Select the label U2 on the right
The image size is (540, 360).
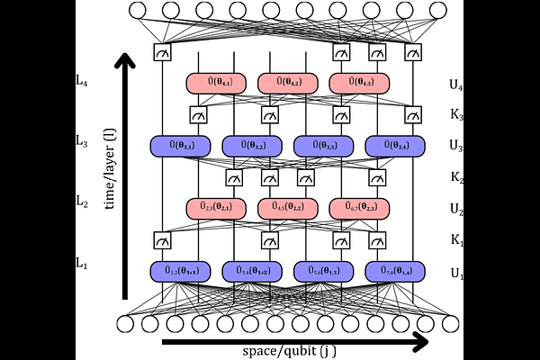[x=457, y=209]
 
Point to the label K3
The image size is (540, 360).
[x=457, y=115]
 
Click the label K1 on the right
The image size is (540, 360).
[x=457, y=241]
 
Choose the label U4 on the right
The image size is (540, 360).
[x=457, y=85]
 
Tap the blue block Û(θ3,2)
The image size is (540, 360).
[x=251, y=145]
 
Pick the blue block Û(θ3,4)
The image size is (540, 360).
[x=395, y=145]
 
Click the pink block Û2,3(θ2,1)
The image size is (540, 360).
[x=215, y=208]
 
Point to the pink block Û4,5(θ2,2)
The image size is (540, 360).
[x=287, y=208]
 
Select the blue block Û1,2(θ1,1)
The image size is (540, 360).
[x=179, y=270]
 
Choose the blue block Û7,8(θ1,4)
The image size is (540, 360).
[x=395, y=270]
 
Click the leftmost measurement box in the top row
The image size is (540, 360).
[x=162, y=52]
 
